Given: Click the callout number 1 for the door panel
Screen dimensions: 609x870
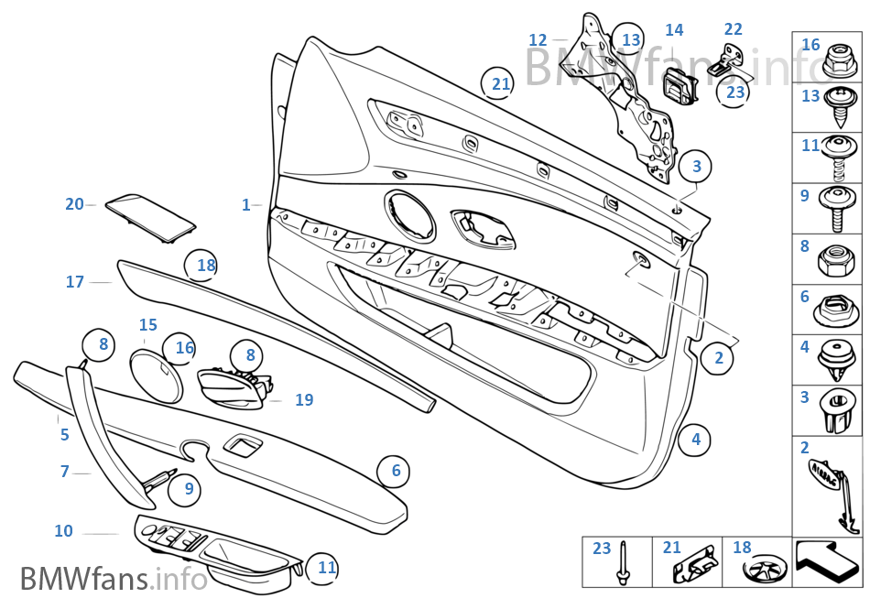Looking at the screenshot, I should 245,205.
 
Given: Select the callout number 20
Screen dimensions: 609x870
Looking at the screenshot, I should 74,204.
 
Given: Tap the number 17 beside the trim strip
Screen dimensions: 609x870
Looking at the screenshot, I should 75,282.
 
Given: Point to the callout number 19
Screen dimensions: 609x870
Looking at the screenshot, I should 304,399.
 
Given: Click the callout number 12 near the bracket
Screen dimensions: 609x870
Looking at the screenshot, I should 538,39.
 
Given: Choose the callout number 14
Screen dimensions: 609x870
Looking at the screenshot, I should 674,30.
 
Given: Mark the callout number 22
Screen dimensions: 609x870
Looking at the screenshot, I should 733,30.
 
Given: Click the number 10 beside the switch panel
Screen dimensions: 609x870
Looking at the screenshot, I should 63,531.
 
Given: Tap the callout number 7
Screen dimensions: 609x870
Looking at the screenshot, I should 64,472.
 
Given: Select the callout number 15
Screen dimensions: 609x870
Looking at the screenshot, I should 148,325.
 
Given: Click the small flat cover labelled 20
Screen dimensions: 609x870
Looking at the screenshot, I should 149,218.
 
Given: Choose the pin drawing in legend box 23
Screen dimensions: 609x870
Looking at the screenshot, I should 624,565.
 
